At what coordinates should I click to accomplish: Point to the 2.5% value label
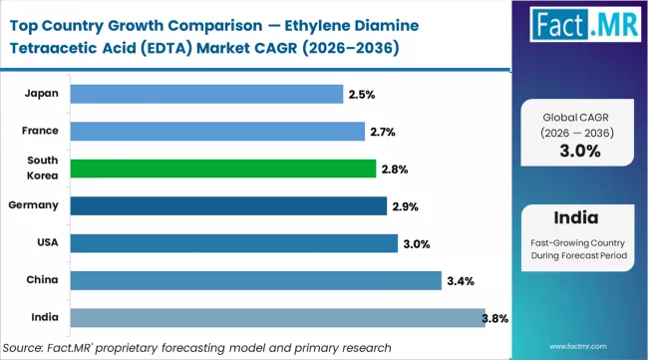coord(360,94)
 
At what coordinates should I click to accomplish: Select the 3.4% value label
coord(458,281)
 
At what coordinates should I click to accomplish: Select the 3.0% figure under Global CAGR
coord(579,151)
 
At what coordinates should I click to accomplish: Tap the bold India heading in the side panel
coord(579,217)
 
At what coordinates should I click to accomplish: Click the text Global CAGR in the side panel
coord(579,116)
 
